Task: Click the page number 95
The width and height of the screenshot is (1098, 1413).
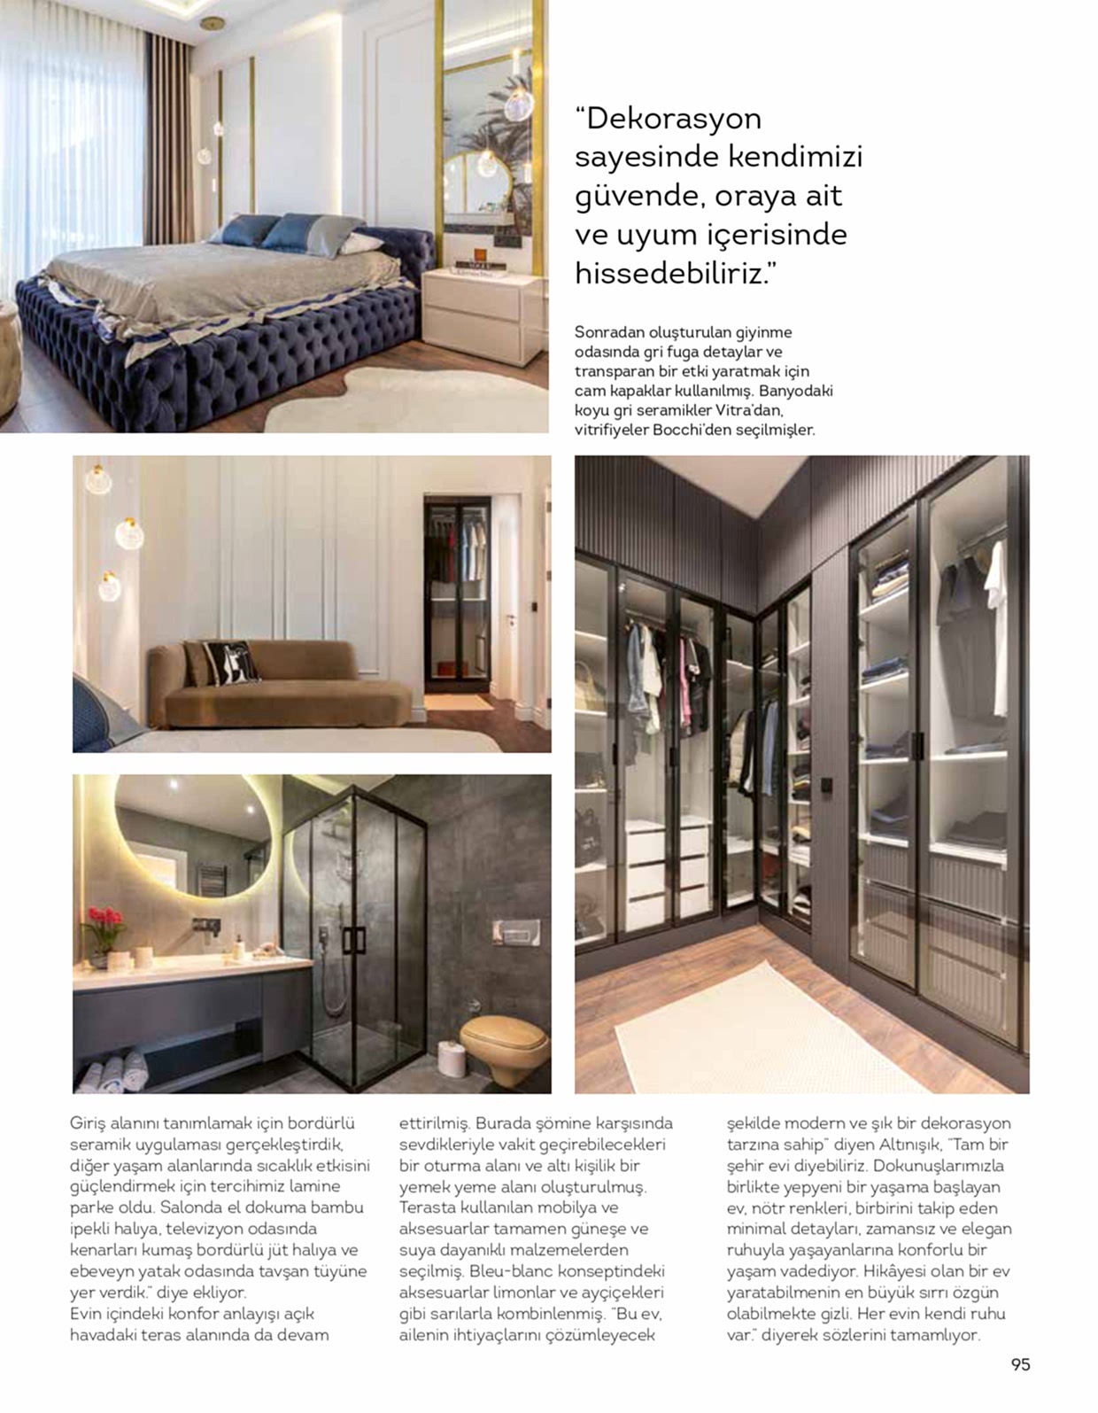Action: point(1020,1364)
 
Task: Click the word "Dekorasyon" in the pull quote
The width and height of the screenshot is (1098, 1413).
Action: point(673,118)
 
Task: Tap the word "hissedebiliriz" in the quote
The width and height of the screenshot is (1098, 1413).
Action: point(669,273)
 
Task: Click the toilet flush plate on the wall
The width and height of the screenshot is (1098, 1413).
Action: point(514,932)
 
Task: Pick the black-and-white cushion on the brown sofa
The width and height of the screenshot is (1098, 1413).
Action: point(231,662)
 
